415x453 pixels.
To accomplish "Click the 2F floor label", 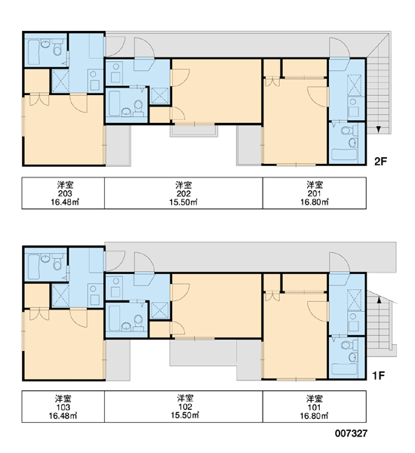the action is (380, 162).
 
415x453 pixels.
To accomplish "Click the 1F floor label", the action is (378, 375).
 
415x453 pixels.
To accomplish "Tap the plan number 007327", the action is (351, 433).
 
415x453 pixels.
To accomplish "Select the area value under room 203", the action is (65, 202).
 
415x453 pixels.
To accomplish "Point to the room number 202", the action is (183, 193).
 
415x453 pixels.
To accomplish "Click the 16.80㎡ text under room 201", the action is (315, 202).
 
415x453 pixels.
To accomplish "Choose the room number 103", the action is (63, 407).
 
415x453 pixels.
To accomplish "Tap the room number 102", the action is (185, 406).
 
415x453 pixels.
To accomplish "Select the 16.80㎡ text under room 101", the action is (314, 416).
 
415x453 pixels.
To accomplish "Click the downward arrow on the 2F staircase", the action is (378, 130).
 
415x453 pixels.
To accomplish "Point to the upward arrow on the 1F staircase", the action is (380, 300).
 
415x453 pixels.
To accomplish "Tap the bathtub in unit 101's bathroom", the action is (344, 368).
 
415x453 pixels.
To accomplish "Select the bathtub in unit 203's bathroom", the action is (33, 52).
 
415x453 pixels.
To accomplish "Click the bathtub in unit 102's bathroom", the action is (115, 318).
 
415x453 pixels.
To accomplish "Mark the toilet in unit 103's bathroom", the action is (58, 262).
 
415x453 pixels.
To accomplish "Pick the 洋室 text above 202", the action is (183, 185).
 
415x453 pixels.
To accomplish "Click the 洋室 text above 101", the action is (315, 399).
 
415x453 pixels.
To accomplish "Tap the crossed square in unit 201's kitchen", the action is (354, 85).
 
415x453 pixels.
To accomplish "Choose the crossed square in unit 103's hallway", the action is (60, 295).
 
